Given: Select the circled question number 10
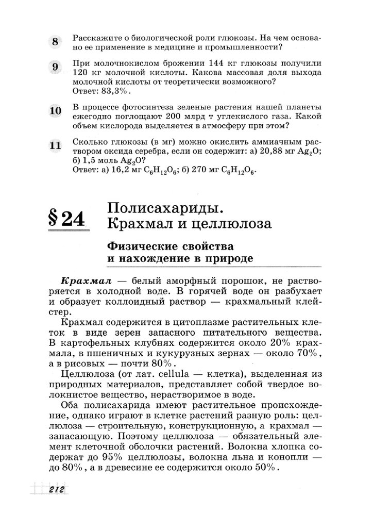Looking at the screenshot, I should (56, 110).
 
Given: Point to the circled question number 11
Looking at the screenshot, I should (56, 145).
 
